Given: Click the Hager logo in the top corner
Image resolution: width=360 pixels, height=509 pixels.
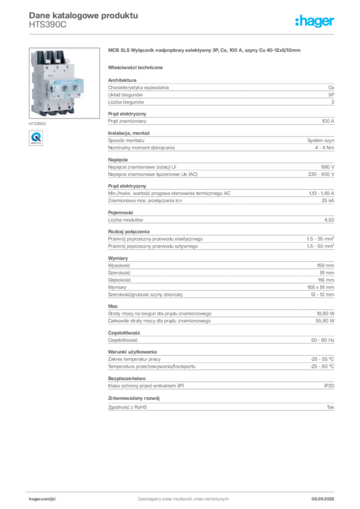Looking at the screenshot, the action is click(x=314, y=21).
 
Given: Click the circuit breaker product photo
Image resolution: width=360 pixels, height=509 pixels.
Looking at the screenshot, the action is click(x=64, y=83).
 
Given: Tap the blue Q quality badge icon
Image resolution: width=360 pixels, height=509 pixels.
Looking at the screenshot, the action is click(x=36, y=138).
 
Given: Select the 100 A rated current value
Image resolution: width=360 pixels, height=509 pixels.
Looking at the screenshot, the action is click(x=328, y=121).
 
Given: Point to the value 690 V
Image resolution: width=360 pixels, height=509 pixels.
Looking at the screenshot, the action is click(x=328, y=167).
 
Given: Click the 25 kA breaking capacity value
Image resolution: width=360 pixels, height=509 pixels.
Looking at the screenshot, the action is click(x=328, y=201).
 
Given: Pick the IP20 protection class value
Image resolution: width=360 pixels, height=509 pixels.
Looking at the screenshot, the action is click(x=329, y=386).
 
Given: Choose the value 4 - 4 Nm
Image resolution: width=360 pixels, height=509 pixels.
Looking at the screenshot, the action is click(x=324, y=148).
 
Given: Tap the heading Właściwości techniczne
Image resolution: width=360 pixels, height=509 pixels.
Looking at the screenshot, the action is click(x=135, y=68).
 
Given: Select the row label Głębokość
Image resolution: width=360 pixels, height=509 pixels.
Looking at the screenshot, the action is click(x=119, y=280).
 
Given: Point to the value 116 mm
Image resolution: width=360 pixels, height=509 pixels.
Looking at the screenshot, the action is click(x=326, y=280).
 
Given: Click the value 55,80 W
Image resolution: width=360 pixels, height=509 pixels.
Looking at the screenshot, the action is click(x=325, y=321).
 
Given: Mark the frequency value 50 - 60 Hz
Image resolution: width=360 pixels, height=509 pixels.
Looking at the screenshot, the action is click(x=323, y=340).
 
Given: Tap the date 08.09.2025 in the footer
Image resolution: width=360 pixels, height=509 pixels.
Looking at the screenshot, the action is click(x=323, y=499).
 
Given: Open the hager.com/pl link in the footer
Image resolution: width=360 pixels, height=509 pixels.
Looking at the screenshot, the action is click(x=42, y=499).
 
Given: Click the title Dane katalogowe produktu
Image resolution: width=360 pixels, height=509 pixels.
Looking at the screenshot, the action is click(x=84, y=15).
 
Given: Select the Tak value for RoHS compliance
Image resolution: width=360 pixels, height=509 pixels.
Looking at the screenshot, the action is click(x=331, y=407).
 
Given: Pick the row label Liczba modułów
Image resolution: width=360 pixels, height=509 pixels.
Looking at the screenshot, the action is click(x=125, y=220).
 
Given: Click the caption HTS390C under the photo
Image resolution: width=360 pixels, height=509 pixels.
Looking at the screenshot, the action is click(x=38, y=124).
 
